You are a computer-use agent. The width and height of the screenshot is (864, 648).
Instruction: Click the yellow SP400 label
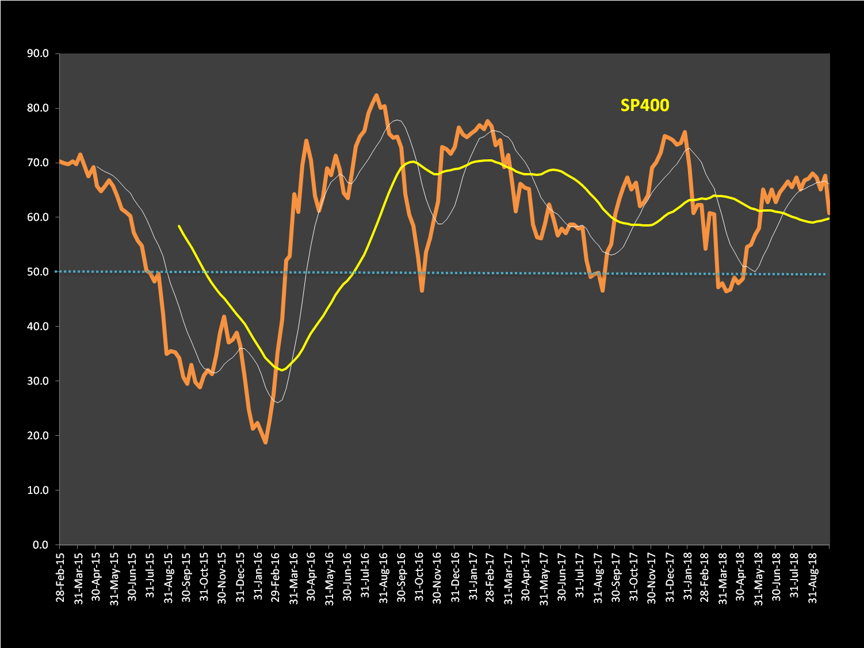click(x=644, y=105)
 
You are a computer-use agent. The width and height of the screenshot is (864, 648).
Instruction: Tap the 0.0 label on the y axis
click(x=41, y=545)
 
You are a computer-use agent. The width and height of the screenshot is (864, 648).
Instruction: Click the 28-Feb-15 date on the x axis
click(x=60, y=577)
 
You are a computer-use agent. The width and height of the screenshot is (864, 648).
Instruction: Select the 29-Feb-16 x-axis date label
click(x=276, y=577)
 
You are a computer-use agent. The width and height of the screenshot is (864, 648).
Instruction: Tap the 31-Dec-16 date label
click(x=455, y=577)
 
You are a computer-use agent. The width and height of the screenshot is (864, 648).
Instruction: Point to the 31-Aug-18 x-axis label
click(x=813, y=577)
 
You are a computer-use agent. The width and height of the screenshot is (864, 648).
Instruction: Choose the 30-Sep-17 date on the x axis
click(x=616, y=577)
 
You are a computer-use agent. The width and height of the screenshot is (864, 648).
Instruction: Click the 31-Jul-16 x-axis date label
click(x=365, y=577)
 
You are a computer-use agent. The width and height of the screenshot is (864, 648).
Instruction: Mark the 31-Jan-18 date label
click(x=688, y=577)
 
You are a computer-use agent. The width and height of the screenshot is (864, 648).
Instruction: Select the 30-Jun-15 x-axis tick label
click(x=132, y=577)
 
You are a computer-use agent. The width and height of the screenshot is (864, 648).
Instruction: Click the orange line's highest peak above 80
click(x=376, y=95)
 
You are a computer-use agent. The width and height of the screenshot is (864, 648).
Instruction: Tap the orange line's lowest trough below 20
click(x=265, y=442)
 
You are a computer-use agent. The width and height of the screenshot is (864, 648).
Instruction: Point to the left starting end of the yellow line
click(x=179, y=226)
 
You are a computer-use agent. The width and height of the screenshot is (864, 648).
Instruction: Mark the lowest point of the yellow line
click(x=281, y=370)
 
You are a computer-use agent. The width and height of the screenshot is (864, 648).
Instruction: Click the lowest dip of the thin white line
click(x=277, y=402)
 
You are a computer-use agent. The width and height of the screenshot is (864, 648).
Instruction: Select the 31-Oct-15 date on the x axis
click(x=204, y=577)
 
